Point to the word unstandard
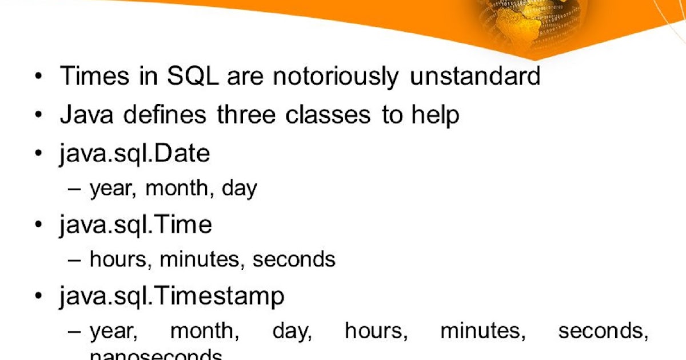[x=474, y=76]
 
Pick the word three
[x=248, y=115]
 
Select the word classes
[x=328, y=115]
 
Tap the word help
[x=435, y=116]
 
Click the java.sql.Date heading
[x=134, y=154]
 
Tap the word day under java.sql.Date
[x=240, y=189]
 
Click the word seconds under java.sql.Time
[x=294, y=259]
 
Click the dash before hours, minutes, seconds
[x=75, y=260]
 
